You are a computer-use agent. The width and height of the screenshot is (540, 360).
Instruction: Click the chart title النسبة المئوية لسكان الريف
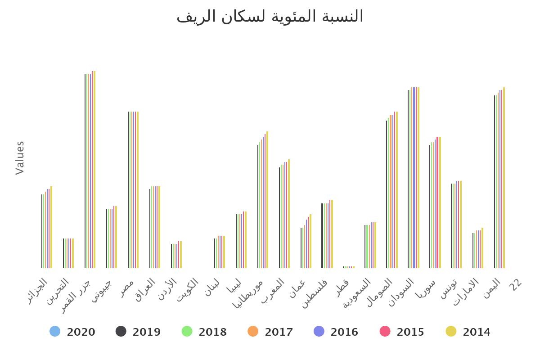pos(270,16)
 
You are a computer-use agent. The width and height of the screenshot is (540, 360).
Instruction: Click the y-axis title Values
pos(20,157)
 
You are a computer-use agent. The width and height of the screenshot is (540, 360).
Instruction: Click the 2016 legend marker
pos(319,332)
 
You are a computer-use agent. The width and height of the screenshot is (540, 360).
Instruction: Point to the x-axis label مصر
pos(127,288)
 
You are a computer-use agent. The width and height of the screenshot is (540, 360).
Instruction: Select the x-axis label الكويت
pos(188,290)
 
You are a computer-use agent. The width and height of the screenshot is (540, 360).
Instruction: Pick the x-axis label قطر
pos(343,287)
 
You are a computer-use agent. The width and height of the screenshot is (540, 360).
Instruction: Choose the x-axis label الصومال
pos(380,292)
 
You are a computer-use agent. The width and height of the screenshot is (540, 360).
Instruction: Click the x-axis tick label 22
pos(516,284)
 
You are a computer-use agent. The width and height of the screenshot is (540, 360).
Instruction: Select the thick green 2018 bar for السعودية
pos(368,247)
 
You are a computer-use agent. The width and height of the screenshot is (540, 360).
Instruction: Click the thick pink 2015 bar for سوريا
pos(437,202)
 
